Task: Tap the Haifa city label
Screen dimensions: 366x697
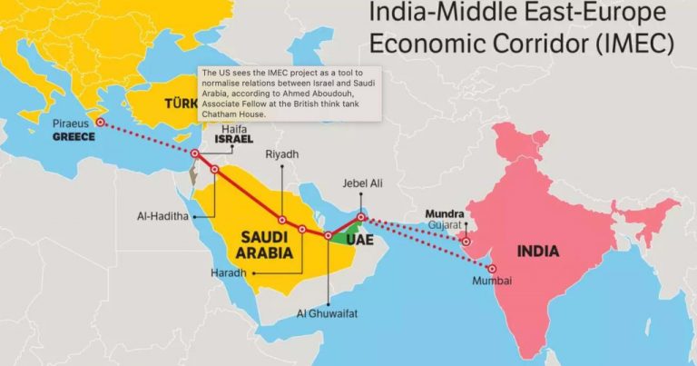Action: click(x=233, y=130)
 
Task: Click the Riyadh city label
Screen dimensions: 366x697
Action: click(x=281, y=154)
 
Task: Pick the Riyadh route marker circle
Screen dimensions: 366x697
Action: click(x=282, y=221)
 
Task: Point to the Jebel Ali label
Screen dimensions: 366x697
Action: click(x=361, y=183)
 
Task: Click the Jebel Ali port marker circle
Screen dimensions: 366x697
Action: click(x=361, y=217)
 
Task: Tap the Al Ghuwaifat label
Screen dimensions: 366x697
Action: click(x=326, y=313)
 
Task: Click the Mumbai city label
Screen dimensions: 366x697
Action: click(x=492, y=282)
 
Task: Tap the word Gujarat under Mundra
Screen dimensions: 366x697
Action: click(x=445, y=224)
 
